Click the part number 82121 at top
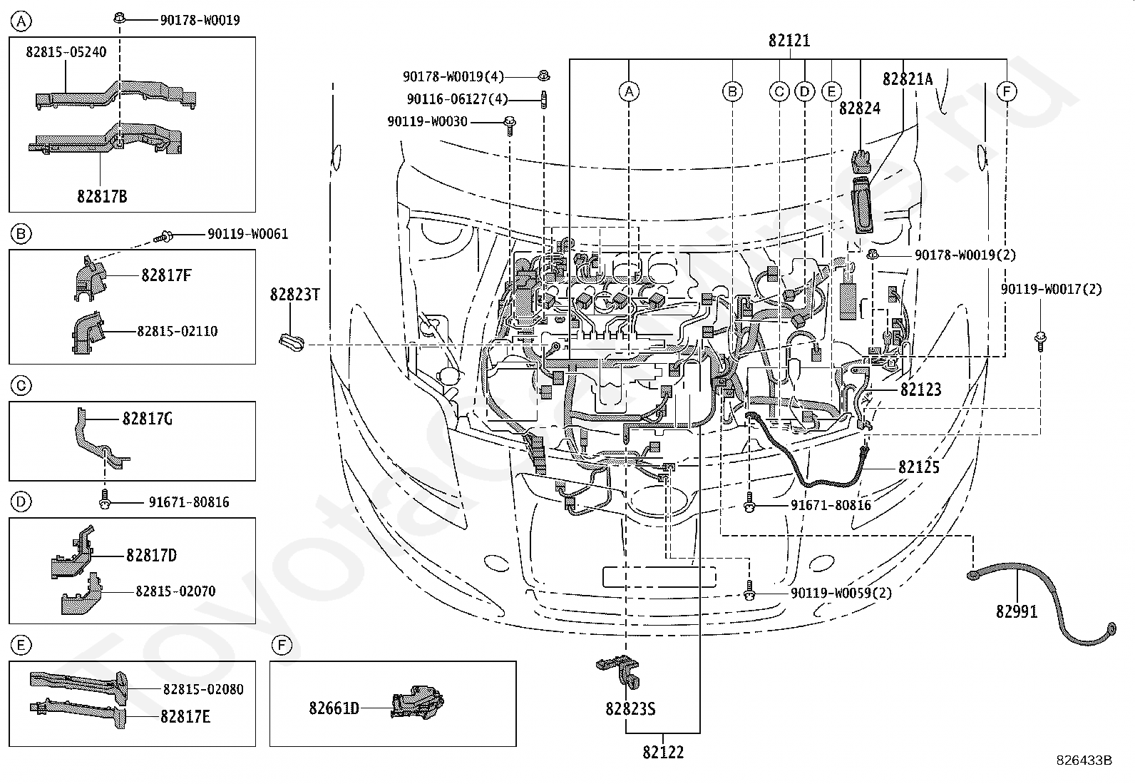(x=789, y=41)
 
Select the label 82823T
(x=295, y=295)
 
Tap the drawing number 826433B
(x=1084, y=760)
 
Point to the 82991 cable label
(x=1017, y=611)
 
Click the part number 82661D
(x=334, y=708)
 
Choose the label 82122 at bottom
(x=663, y=752)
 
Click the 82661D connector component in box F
(x=418, y=703)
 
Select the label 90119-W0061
(x=248, y=234)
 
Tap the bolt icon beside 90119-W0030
(x=510, y=126)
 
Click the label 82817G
(x=148, y=419)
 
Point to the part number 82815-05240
(x=66, y=52)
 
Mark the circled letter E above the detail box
(x=21, y=645)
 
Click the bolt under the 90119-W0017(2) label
(x=1040, y=340)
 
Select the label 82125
(x=919, y=467)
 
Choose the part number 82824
(x=860, y=108)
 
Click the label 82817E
(x=185, y=716)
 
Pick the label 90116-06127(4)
(x=458, y=99)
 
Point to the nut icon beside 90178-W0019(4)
(x=544, y=76)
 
